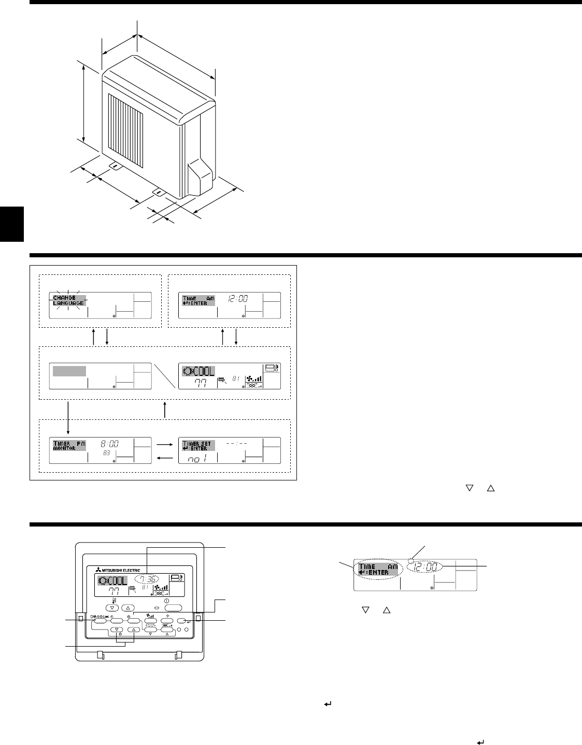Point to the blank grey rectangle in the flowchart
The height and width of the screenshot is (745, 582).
[x=69, y=371]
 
